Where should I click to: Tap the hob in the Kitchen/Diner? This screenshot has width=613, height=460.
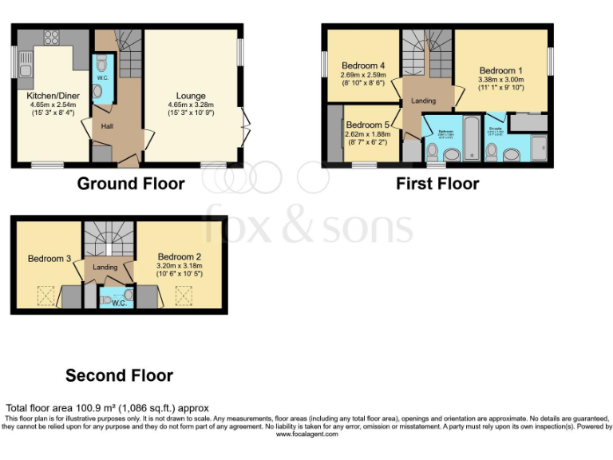click(52, 37)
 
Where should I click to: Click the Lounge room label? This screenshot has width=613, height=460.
click(191, 96)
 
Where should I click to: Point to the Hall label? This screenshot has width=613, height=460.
click(107, 125)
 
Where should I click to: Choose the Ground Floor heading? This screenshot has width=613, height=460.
click(130, 184)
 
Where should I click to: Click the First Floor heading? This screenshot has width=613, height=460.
click(437, 184)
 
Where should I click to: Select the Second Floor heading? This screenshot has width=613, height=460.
click(119, 375)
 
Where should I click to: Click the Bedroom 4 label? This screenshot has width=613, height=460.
click(362, 65)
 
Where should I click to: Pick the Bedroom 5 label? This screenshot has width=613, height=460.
click(368, 125)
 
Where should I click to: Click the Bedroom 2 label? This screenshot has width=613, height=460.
click(180, 257)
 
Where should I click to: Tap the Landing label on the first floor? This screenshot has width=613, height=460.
click(423, 101)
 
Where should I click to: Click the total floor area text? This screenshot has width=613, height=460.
click(107, 408)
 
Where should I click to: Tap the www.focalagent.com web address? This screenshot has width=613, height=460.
click(306, 434)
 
